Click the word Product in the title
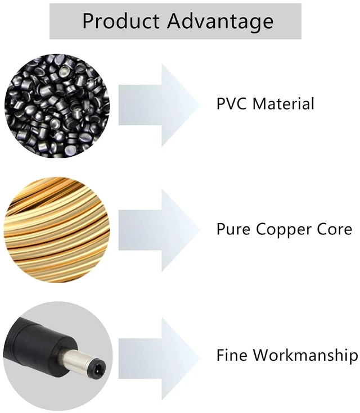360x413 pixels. tap(121, 20)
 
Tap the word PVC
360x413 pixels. tap(232, 103)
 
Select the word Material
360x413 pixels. tap(283, 103)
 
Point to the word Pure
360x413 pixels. tap(233, 229)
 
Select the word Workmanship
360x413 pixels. tap(306, 356)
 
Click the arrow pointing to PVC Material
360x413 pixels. tap(159, 105)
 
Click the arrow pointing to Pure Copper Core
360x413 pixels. tap(159, 230)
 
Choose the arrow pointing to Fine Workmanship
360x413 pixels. tap(159, 358)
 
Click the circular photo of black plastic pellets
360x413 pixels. tap(57, 106)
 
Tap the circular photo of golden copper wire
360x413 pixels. tap(57, 230)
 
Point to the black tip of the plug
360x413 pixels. tap(97, 368)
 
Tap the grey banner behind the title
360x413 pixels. tap(175, 21)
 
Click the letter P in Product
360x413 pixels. tap(88, 20)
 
